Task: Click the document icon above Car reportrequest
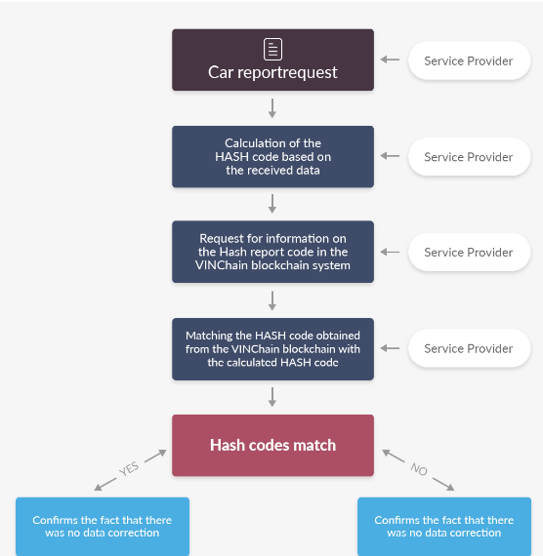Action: [x=272, y=50]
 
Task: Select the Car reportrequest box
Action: [x=272, y=60]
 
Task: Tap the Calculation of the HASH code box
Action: [x=272, y=156]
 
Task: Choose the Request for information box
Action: [x=272, y=252]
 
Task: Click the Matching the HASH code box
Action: [x=272, y=349]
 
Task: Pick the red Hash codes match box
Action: [x=272, y=446]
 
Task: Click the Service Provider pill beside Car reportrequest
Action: [x=469, y=60]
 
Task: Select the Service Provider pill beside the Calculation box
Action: [x=469, y=157]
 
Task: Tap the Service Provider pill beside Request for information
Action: [x=469, y=252]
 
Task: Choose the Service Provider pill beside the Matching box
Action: [x=469, y=348]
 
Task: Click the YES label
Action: [x=129, y=468]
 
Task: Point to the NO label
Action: [x=419, y=469]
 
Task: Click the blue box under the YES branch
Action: [x=103, y=527]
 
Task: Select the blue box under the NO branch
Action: [x=444, y=527]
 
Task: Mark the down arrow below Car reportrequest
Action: [x=272, y=108]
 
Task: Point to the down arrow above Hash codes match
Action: [x=272, y=397]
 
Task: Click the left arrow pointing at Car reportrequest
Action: [x=390, y=60]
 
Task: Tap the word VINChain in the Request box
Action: [x=222, y=265]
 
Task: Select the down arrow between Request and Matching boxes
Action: [x=272, y=300]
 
